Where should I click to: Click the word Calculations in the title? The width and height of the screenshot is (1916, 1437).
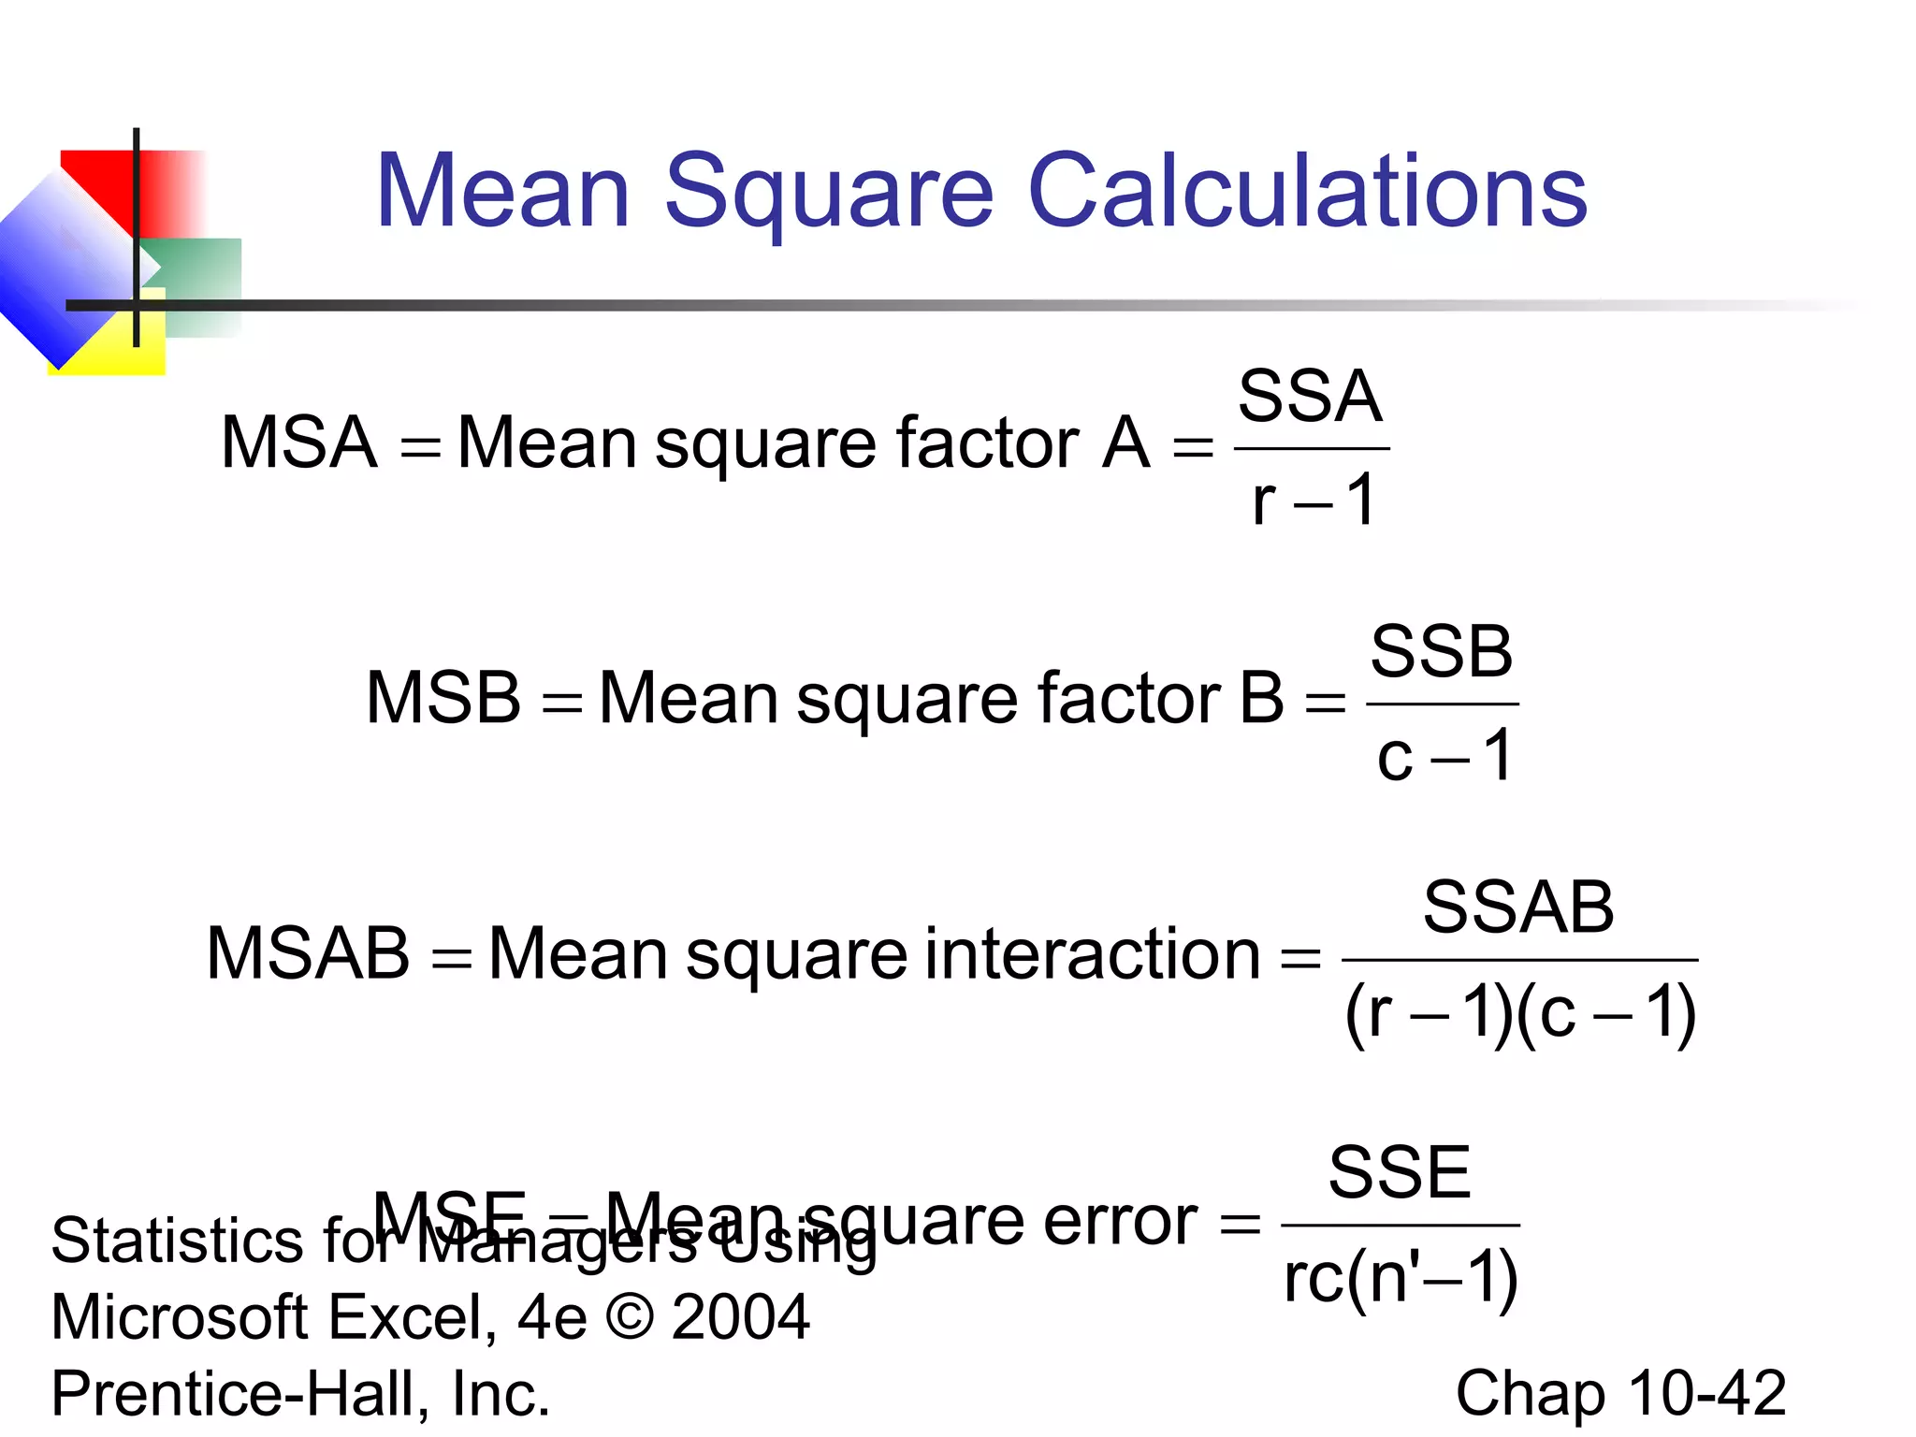[1307, 191]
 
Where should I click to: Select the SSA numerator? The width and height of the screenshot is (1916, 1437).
[1310, 397]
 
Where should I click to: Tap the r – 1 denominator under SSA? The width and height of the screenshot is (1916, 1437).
[1313, 501]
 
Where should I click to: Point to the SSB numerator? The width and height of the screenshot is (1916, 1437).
[1442, 652]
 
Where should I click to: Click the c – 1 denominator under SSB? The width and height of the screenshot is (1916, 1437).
[1444, 756]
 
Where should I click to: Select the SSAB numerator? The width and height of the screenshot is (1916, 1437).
[1518, 907]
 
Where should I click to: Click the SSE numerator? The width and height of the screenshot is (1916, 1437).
[1400, 1172]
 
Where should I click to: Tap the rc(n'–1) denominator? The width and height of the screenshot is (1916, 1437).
[1401, 1278]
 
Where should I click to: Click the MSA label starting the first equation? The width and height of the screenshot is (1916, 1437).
[298, 443]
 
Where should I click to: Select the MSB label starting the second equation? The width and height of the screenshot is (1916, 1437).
[443, 698]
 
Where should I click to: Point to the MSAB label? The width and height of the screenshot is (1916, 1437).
[308, 954]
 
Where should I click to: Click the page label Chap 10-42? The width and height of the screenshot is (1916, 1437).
[1620, 1393]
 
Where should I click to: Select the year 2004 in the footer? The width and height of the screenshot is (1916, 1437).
[740, 1317]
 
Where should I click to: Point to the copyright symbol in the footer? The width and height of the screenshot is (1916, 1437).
[630, 1317]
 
